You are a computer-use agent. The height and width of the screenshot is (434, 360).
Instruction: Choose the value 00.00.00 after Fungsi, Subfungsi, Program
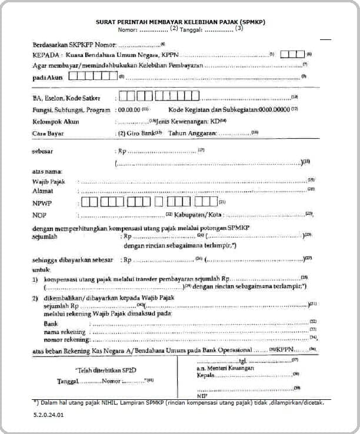pos(129,110)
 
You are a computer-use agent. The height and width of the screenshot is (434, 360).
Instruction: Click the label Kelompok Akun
pos(55,122)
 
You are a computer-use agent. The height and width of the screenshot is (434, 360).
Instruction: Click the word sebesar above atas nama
pos(42,151)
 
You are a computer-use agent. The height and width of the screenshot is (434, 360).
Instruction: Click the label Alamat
pos(42,191)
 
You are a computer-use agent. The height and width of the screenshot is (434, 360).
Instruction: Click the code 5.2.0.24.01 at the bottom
pos(49,415)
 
